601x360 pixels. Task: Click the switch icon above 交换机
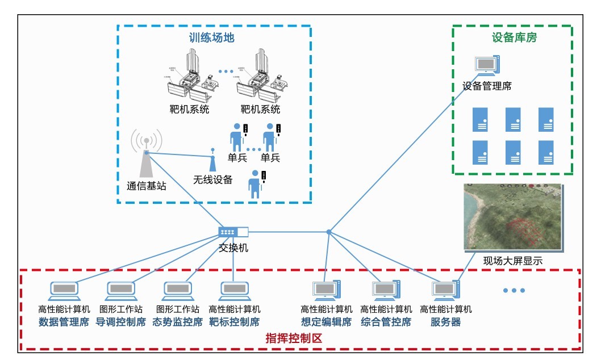(233, 232)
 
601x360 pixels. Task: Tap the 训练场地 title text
(211, 38)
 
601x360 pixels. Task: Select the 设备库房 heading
(514, 38)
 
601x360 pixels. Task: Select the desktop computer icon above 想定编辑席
(327, 290)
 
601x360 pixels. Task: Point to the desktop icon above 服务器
(446, 290)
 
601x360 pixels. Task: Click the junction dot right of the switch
(328, 232)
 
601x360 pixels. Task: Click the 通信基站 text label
(147, 186)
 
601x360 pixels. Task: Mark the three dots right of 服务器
(514, 291)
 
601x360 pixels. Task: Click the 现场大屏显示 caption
(512, 261)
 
